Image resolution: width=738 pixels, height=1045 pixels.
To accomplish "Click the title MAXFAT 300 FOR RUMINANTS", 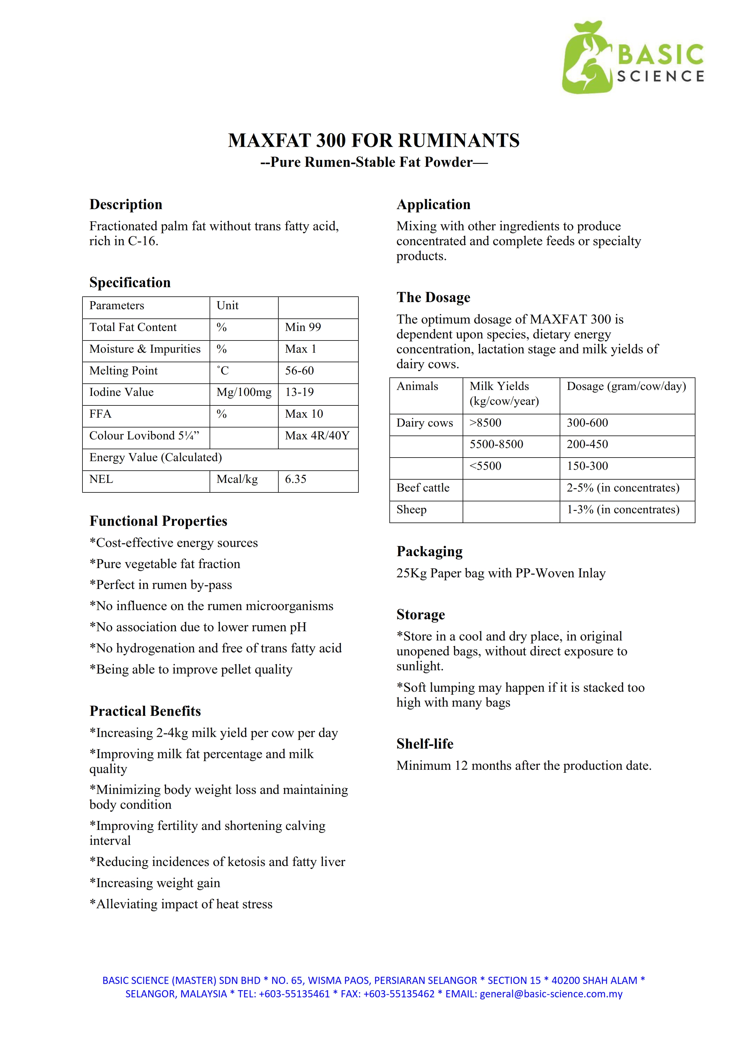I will click(x=373, y=141).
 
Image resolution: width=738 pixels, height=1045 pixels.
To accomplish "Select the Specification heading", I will click(x=130, y=283).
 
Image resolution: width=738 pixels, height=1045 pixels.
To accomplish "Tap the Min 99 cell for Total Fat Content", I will click(x=303, y=327).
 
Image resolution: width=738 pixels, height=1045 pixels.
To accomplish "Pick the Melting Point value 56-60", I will click(x=299, y=371).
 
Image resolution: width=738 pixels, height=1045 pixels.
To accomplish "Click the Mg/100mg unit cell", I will click(x=244, y=392).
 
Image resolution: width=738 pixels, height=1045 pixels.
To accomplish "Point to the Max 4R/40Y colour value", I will click(x=317, y=436).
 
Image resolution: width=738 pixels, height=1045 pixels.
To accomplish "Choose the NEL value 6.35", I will click(x=296, y=479).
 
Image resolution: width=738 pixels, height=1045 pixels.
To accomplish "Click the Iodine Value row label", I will click(x=121, y=392).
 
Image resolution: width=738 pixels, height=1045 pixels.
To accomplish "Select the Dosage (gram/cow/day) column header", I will click(x=626, y=386).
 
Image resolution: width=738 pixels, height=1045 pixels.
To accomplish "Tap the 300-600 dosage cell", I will click(x=587, y=423).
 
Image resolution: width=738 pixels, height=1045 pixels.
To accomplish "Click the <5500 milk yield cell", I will click(x=485, y=466).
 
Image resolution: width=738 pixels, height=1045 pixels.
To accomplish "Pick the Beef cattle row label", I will click(x=423, y=488).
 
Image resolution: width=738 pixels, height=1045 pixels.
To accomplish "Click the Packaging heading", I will click(x=429, y=552).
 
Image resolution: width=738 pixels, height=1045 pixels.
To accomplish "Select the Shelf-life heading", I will click(x=425, y=744).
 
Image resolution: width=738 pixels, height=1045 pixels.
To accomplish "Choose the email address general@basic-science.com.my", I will click(x=551, y=994).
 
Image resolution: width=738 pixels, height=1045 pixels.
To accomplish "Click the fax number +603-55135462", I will click(x=399, y=994).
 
